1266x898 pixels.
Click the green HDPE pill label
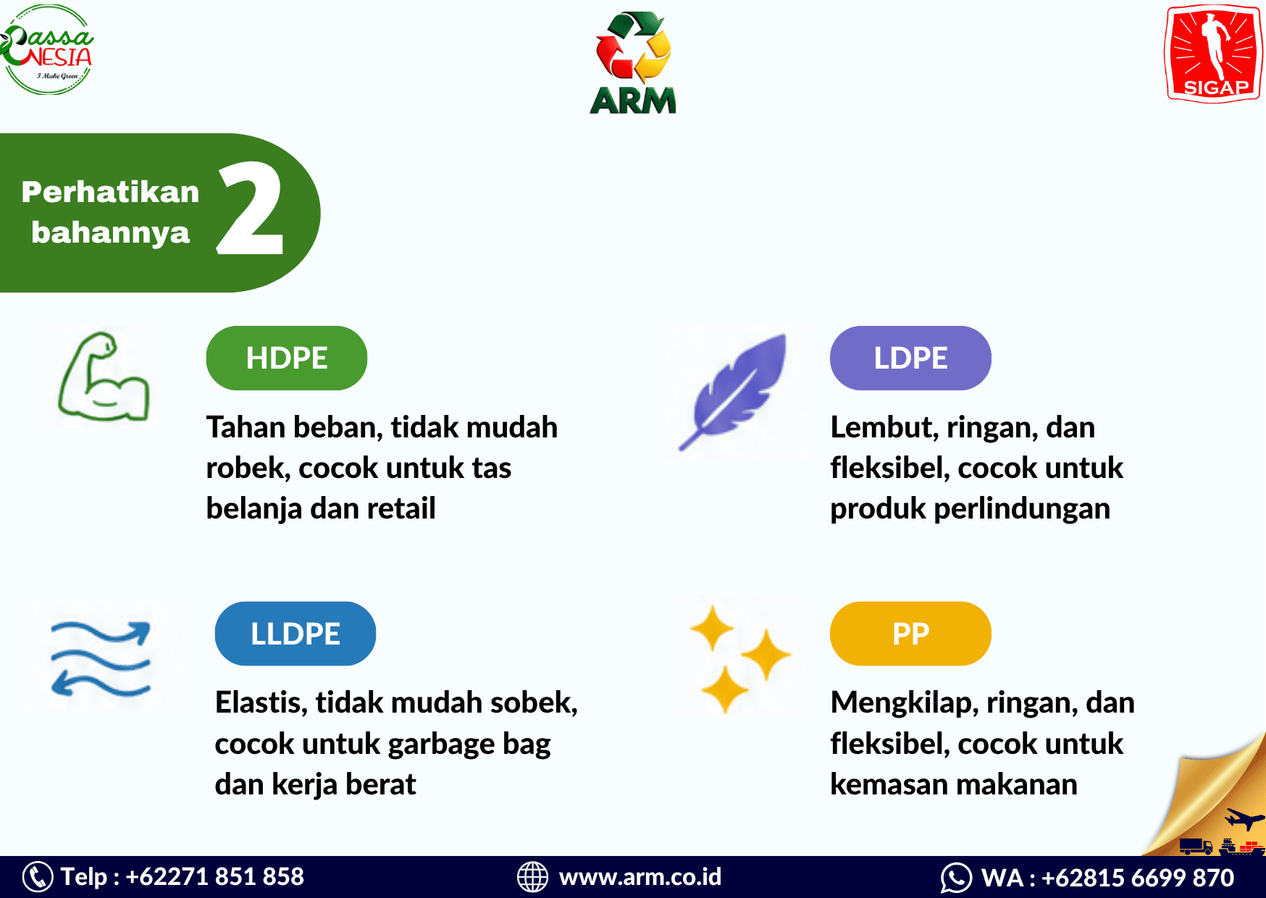[x=287, y=358]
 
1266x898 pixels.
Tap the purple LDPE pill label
[x=910, y=358]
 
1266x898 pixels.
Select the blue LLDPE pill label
[x=295, y=634]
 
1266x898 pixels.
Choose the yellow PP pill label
[x=910, y=634]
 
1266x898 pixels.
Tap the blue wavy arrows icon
[x=101, y=659]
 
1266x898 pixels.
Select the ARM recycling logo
[x=633, y=63]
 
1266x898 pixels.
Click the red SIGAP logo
[x=1213, y=54]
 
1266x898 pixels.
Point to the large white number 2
[x=250, y=208]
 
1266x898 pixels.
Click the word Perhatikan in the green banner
[x=110, y=192]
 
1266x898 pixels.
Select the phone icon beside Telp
[x=38, y=876]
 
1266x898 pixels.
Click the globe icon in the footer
[x=532, y=876]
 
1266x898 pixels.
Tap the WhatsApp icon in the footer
[x=956, y=878]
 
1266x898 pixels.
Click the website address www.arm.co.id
[x=640, y=877]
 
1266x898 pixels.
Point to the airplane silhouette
[x=1244, y=820]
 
